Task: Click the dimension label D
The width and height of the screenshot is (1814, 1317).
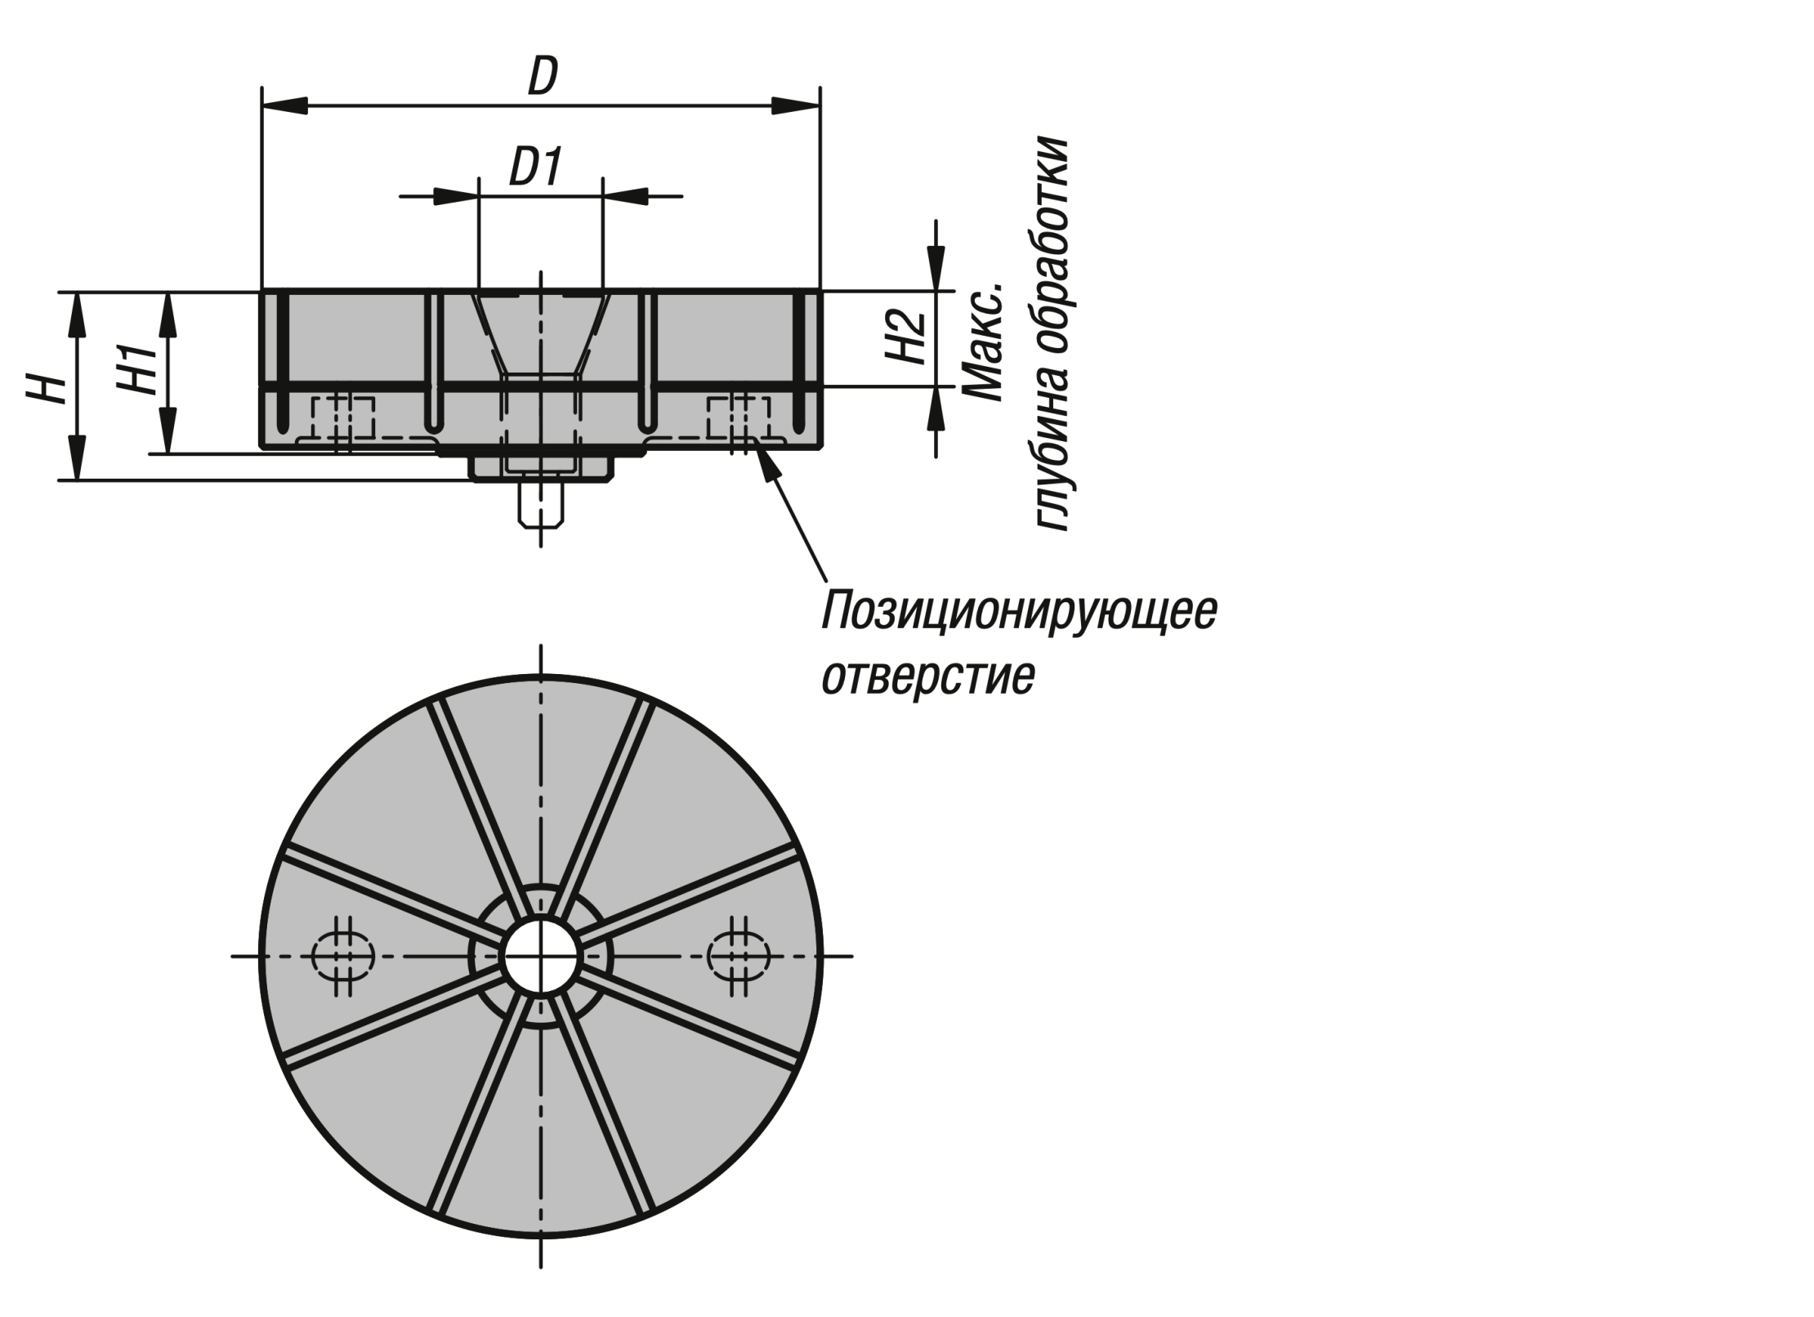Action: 543,77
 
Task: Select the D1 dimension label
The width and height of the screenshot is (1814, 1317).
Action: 536,168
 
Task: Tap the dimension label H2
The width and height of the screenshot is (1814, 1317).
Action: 905,338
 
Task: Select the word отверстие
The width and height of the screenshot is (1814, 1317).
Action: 927,676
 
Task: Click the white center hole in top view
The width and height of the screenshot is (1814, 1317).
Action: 540,956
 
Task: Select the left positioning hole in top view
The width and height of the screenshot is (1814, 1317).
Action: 343,956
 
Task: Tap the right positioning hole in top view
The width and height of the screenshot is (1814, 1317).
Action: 738,956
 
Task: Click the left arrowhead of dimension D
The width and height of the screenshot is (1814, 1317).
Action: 282,106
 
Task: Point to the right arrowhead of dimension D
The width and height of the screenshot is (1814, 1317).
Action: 798,106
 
